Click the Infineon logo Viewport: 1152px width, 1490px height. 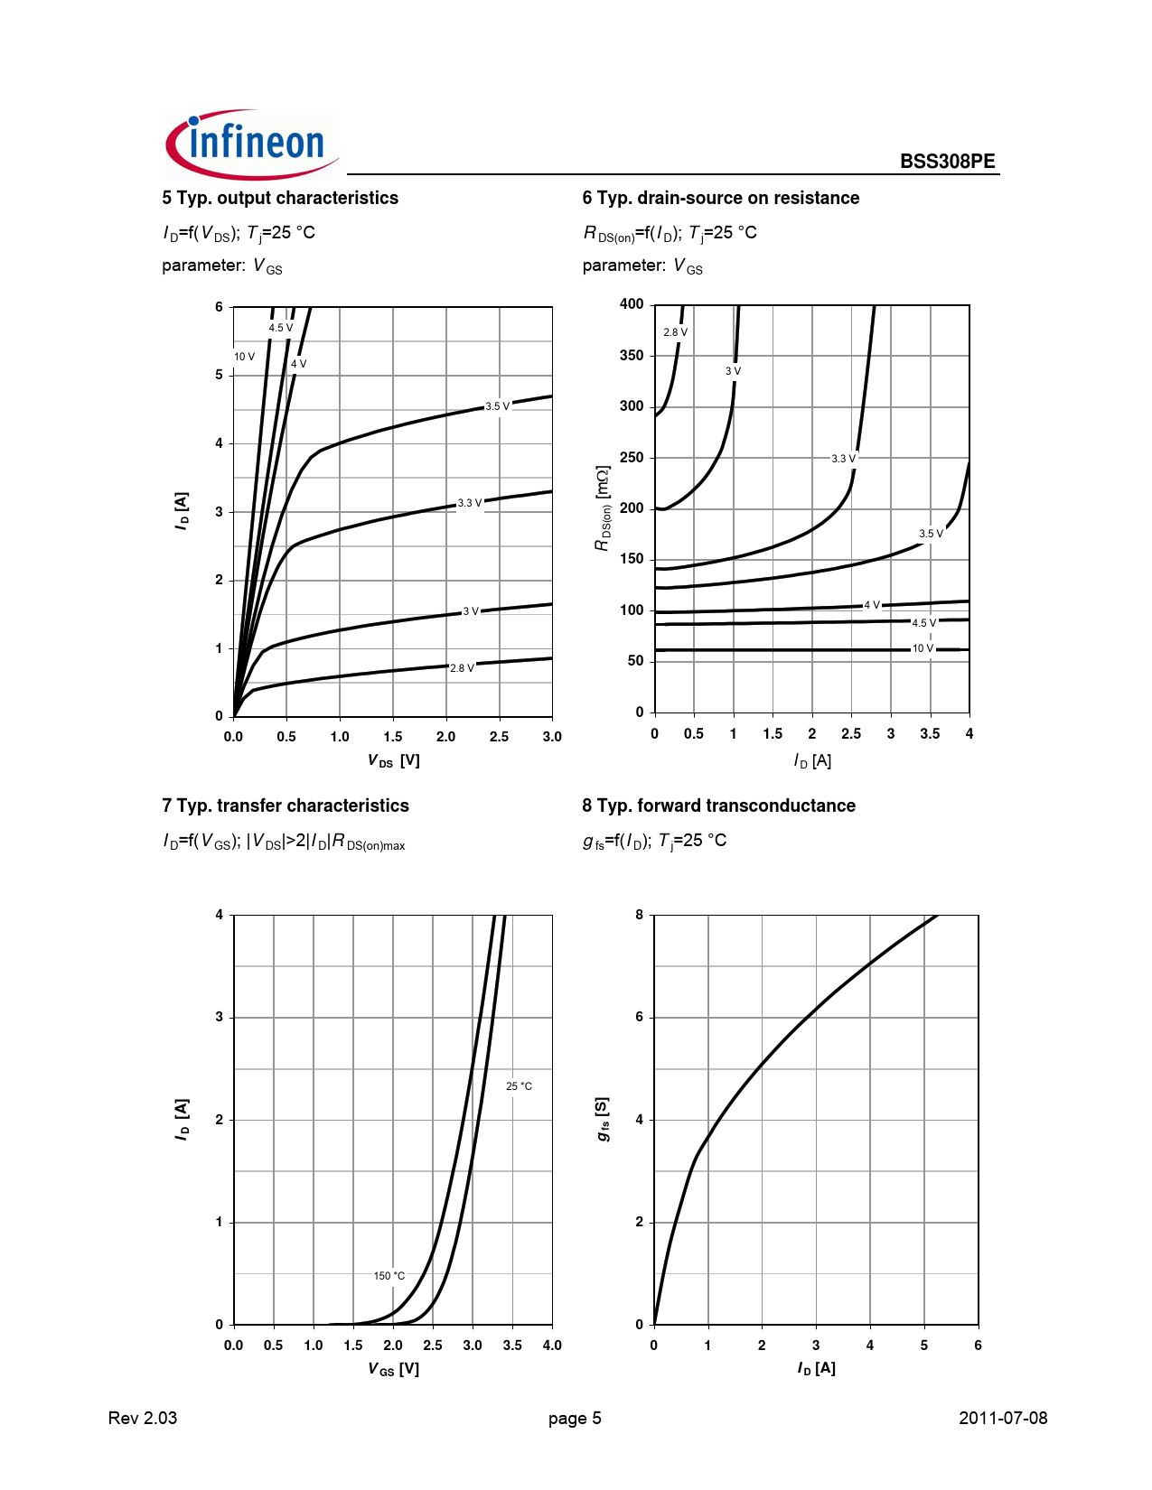(x=251, y=144)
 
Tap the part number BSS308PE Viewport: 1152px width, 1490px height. (x=947, y=162)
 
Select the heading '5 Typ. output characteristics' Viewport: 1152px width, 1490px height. (x=280, y=198)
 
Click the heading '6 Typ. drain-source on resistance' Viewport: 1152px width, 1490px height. (x=720, y=198)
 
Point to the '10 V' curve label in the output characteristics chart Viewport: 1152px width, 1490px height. (x=244, y=357)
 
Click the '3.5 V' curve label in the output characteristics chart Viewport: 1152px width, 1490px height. (x=497, y=406)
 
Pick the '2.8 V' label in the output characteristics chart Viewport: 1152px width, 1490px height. (x=462, y=668)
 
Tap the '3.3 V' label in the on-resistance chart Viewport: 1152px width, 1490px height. (x=843, y=459)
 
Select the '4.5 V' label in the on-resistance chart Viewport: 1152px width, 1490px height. (x=923, y=623)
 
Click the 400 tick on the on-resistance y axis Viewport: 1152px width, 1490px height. (x=632, y=304)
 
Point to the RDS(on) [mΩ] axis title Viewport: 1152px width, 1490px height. (x=603, y=508)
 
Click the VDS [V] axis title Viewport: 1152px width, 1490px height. (x=393, y=760)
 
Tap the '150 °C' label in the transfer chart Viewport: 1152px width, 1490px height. (x=389, y=1276)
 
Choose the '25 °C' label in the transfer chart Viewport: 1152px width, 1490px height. (x=519, y=1086)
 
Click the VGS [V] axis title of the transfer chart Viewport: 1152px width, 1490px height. (x=393, y=1369)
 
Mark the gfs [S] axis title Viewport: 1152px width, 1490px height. (x=603, y=1119)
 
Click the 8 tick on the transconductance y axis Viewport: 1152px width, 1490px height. (x=640, y=915)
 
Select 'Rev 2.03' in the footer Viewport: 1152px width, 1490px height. (x=143, y=1418)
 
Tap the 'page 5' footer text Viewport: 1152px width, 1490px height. (x=575, y=1418)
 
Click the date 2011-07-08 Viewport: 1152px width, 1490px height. (x=1002, y=1418)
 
